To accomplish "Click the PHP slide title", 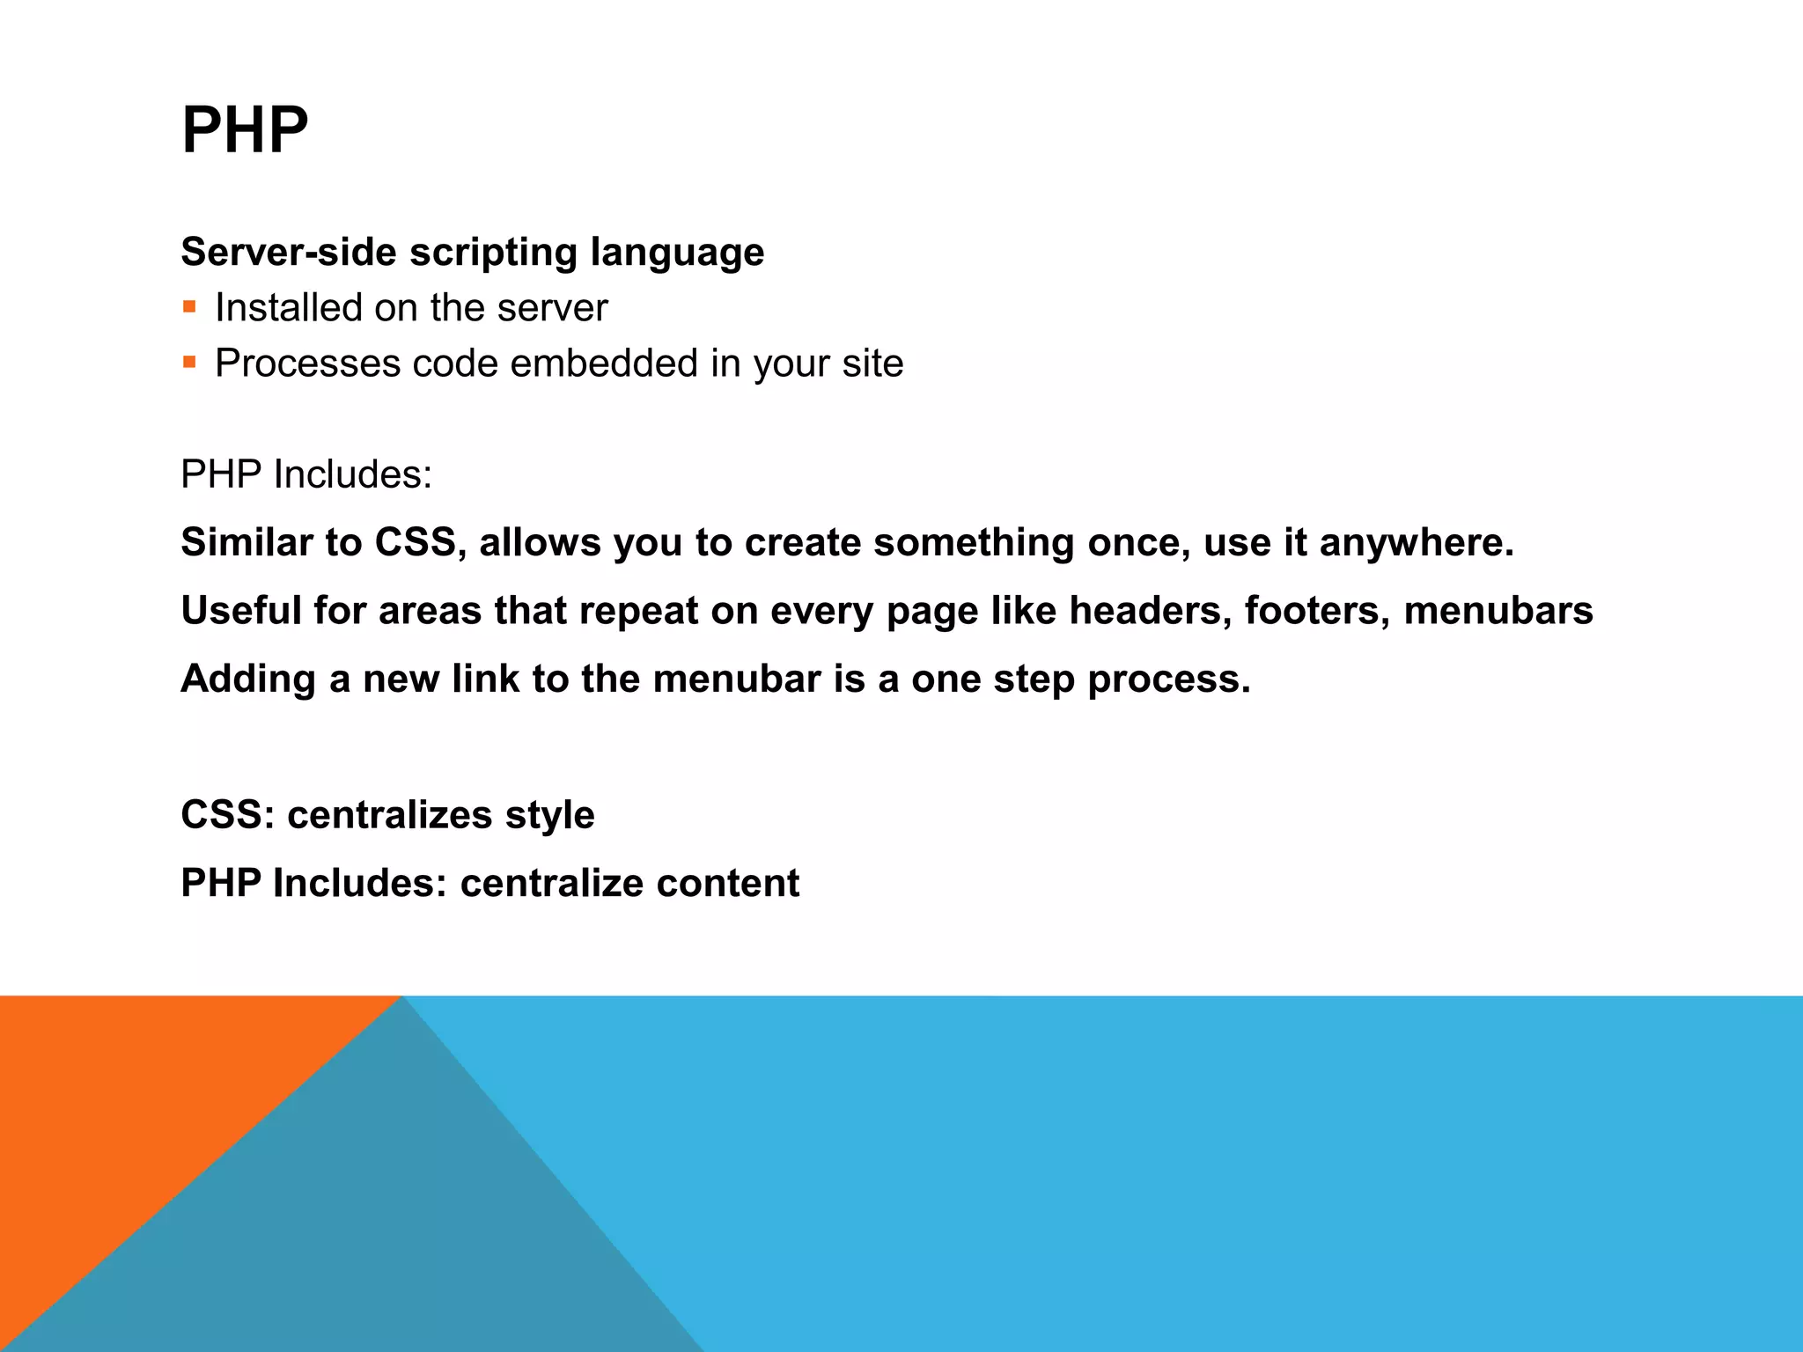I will coord(245,130).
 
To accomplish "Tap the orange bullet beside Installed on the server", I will coord(189,307).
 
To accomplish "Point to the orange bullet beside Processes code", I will coord(189,362).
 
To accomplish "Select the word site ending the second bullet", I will coord(872,364).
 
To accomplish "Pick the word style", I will coord(549,815).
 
